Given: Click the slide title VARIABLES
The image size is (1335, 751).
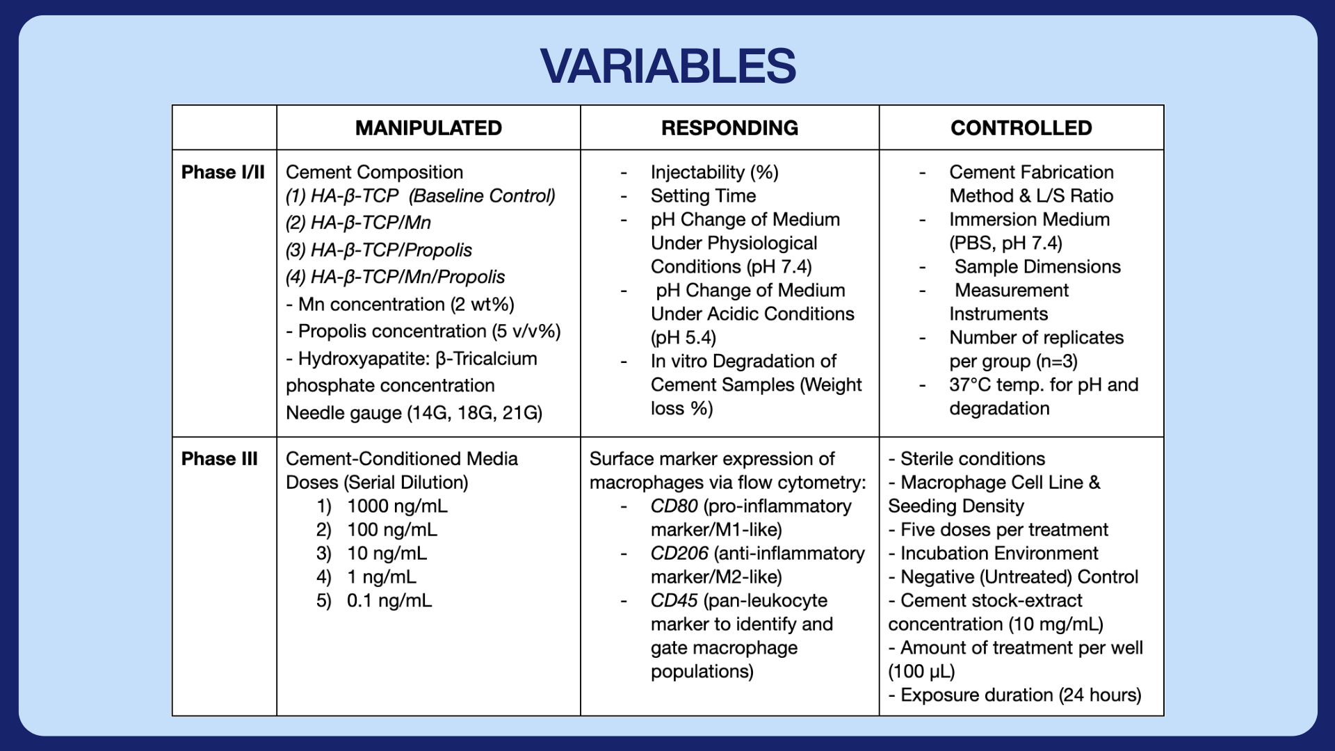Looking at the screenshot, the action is point(667,67).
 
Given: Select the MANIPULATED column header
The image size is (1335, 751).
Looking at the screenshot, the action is point(428,128).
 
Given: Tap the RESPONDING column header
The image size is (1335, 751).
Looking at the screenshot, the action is point(729,128).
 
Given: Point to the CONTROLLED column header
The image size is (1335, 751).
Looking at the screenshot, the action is point(1021,128).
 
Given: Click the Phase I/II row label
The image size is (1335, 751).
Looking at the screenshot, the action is point(223,172).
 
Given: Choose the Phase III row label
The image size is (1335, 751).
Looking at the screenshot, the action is point(220,459).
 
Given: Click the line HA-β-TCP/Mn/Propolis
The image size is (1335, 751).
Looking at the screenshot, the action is point(395,277).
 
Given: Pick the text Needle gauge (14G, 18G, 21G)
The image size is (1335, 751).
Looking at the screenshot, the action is point(414,413).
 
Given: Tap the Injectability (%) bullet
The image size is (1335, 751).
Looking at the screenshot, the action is point(714,172).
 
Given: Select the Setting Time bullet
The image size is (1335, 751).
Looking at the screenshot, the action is point(703,196).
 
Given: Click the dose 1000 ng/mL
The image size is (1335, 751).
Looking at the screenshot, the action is point(397,506).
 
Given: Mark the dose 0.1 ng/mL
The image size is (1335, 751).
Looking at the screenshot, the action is point(389,601).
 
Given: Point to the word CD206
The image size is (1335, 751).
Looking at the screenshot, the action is point(679,554).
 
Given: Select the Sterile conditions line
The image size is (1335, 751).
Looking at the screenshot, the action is point(966,459).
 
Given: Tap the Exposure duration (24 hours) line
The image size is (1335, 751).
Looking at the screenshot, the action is point(1014,695).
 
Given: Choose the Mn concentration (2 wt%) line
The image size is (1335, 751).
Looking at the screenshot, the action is point(400,305).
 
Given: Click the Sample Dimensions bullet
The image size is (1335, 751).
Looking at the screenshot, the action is point(1037,267).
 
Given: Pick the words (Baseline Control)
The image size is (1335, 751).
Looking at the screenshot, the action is point(482,196).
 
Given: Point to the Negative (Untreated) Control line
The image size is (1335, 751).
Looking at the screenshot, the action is point(1013,577).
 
